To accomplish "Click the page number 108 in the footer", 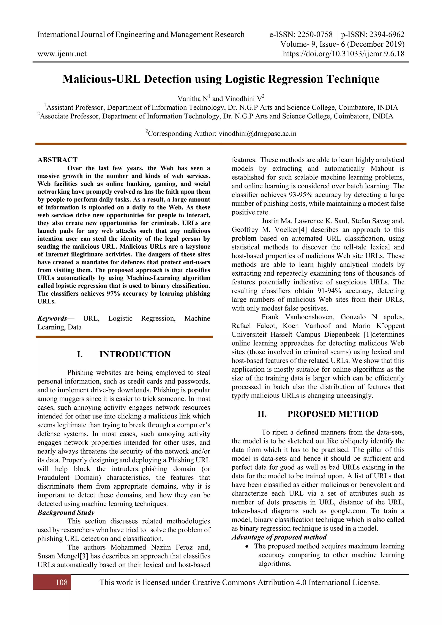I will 62,582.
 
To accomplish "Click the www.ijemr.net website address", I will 62,54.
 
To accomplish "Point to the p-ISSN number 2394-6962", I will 387,35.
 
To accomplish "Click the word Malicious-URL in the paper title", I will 101,79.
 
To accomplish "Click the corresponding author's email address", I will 257,133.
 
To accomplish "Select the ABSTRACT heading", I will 57,159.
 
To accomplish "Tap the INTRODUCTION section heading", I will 135,354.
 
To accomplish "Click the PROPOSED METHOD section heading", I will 333,414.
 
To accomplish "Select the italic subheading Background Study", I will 66,512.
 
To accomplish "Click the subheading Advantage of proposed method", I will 279,537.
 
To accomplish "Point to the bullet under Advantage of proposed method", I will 247,546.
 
